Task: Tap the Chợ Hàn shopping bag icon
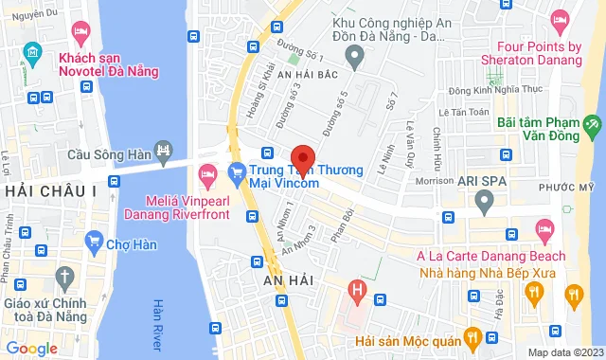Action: (94, 242)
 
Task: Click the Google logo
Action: (31, 349)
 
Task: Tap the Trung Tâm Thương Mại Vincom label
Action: (305, 177)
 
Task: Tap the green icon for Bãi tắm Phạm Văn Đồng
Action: (593, 124)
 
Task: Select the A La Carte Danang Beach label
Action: (491, 256)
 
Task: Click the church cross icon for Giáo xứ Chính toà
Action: (64, 278)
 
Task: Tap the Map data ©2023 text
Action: (562, 352)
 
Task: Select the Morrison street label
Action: (434, 181)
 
